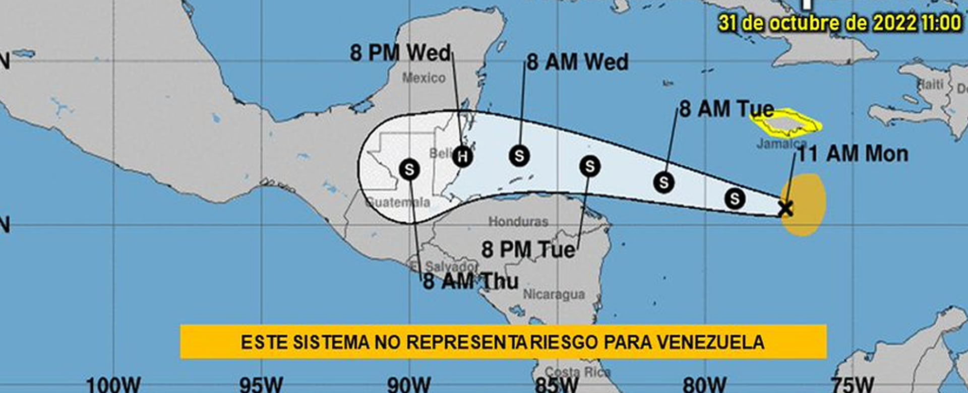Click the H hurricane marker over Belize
point(462,156)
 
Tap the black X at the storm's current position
point(785,208)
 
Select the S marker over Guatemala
point(409,169)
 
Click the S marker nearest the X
point(735,199)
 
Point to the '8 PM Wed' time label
point(400,53)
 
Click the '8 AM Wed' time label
point(578,62)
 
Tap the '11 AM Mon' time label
point(853,154)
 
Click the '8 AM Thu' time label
point(470,281)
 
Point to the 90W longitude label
point(409,385)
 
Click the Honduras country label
point(518,221)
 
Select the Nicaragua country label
point(554,294)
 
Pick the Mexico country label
point(424,78)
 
